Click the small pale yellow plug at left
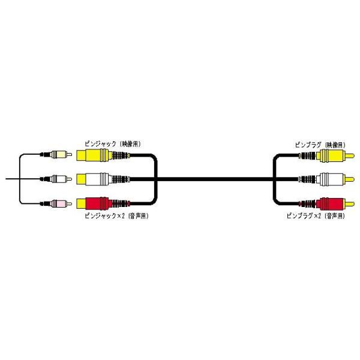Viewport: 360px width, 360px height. [x=59, y=154]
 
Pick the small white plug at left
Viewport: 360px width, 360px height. [x=59, y=178]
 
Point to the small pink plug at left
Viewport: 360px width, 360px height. [x=59, y=203]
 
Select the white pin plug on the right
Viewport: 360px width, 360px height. [x=332, y=178]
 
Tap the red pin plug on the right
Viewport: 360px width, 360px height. [x=332, y=202]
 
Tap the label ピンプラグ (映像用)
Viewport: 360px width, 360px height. [x=319, y=144]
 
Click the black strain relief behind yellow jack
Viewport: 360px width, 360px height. [x=121, y=155]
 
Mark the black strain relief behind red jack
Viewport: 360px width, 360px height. [x=121, y=203]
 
